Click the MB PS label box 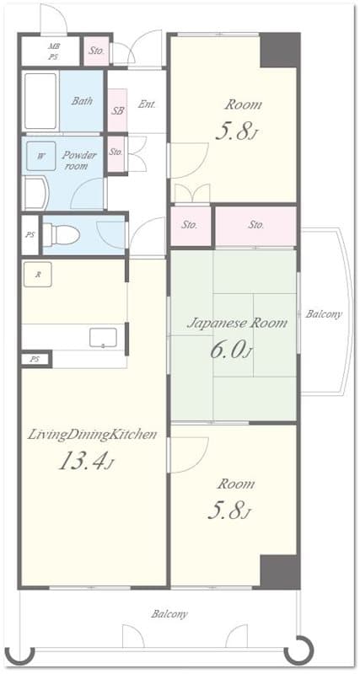(x=53, y=51)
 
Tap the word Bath (x=82, y=101)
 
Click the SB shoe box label (x=117, y=111)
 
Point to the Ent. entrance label (x=146, y=104)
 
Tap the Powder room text (x=80, y=160)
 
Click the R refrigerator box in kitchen (x=38, y=274)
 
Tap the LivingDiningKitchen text (x=93, y=435)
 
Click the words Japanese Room (x=236, y=323)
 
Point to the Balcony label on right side (x=324, y=314)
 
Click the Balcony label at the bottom (x=169, y=614)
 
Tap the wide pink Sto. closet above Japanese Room (x=256, y=225)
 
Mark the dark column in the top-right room (x=279, y=50)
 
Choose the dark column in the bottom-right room (x=279, y=571)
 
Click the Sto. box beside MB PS (x=97, y=51)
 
